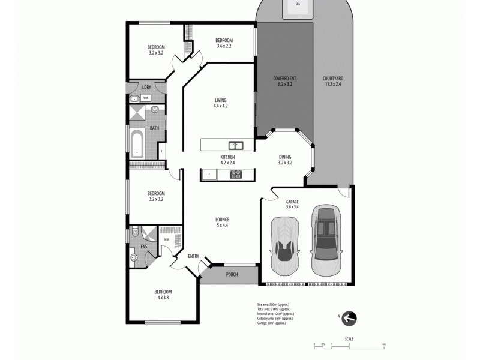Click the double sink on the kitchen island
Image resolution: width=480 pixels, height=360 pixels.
pyautogui.click(x=235, y=145)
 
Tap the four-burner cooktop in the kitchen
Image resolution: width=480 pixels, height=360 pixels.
pyautogui.click(x=235, y=175)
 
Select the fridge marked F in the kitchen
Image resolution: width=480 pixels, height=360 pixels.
pyautogui.click(x=208, y=175)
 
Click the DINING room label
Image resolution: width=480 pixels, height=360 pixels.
pyautogui.click(x=285, y=159)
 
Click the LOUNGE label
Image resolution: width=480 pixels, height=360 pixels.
pyautogui.click(x=223, y=223)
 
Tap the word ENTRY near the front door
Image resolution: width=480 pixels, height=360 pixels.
pyautogui.click(x=193, y=256)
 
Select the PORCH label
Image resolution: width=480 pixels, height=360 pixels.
pyautogui.click(x=232, y=275)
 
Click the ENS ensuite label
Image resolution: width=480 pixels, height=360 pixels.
pyautogui.click(x=144, y=247)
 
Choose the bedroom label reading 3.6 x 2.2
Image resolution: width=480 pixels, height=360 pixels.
pyautogui.click(x=224, y=43)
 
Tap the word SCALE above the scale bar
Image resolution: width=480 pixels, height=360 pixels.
pyautogui.click(x=349, y=339)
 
